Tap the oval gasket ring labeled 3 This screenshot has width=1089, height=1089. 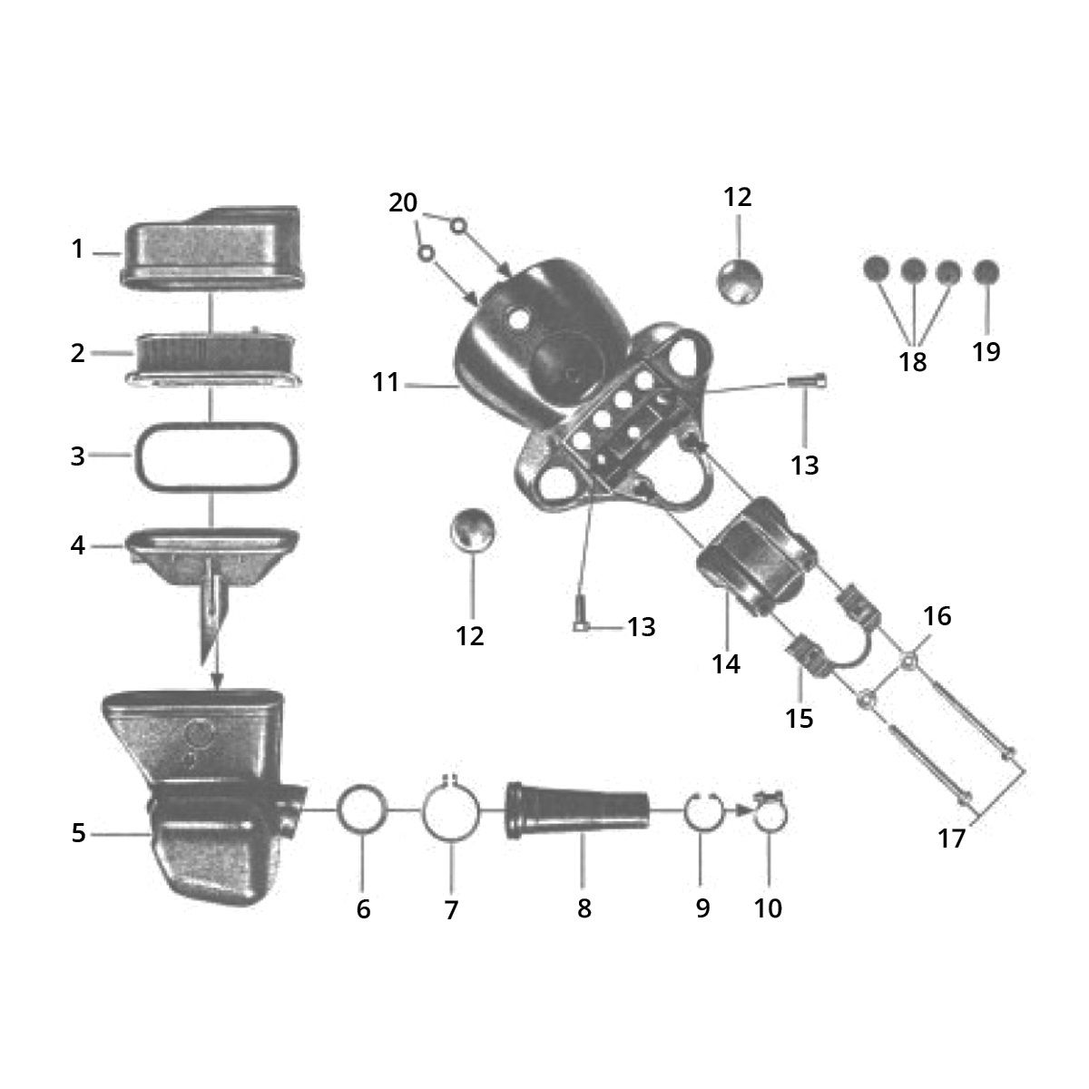click(136, 456)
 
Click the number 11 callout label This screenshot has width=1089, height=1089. click(386, 383)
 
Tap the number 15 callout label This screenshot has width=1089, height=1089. click(799, 718)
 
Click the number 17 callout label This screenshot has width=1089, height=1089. click(951, 839)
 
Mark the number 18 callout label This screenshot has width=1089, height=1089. click(913, 361)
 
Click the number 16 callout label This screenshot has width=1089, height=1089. click(937, 617)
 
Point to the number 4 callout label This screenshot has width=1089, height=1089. click(78, 546)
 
